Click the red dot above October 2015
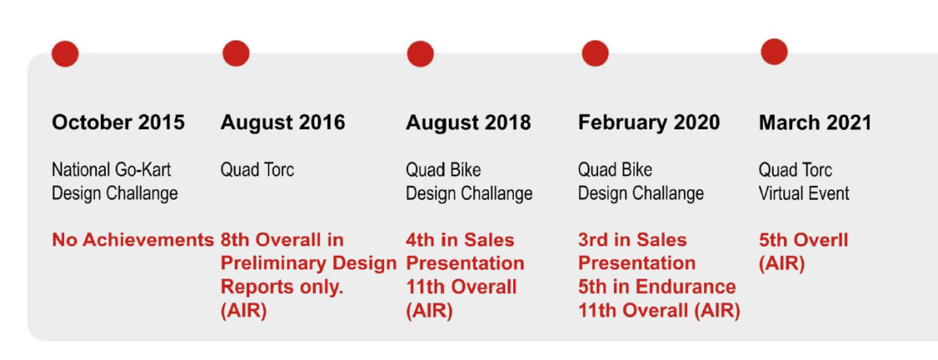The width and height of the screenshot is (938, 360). pos(65,54)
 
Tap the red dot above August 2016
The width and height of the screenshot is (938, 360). pos(236,53)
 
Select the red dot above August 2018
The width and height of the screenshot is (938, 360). pos(421,54)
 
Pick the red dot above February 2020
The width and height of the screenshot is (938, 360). pos(595,53)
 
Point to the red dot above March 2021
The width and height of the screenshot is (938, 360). pos(774,51)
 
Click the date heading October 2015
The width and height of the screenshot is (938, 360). pos(119,123)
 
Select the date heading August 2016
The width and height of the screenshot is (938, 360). pos(283,123)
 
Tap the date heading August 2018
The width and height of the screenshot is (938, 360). pos(468,123)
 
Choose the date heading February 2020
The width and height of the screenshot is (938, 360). pos(649,123)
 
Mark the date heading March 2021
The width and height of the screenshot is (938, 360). pos(815,123)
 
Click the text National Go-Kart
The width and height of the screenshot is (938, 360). pos(111,170)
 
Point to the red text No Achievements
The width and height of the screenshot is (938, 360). pos(133,241)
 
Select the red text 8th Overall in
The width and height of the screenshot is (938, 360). pos(282,241)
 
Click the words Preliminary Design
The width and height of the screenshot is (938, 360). pos(309,264)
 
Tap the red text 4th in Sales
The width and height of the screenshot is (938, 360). pos(460,241)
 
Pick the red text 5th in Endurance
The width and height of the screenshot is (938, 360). pos(657,287)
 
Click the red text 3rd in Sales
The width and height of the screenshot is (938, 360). pos(633,241)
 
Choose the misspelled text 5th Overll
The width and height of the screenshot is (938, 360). pos(803,241)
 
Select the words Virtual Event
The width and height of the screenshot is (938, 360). pos(804,194)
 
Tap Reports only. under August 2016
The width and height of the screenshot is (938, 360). pos(281,287)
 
